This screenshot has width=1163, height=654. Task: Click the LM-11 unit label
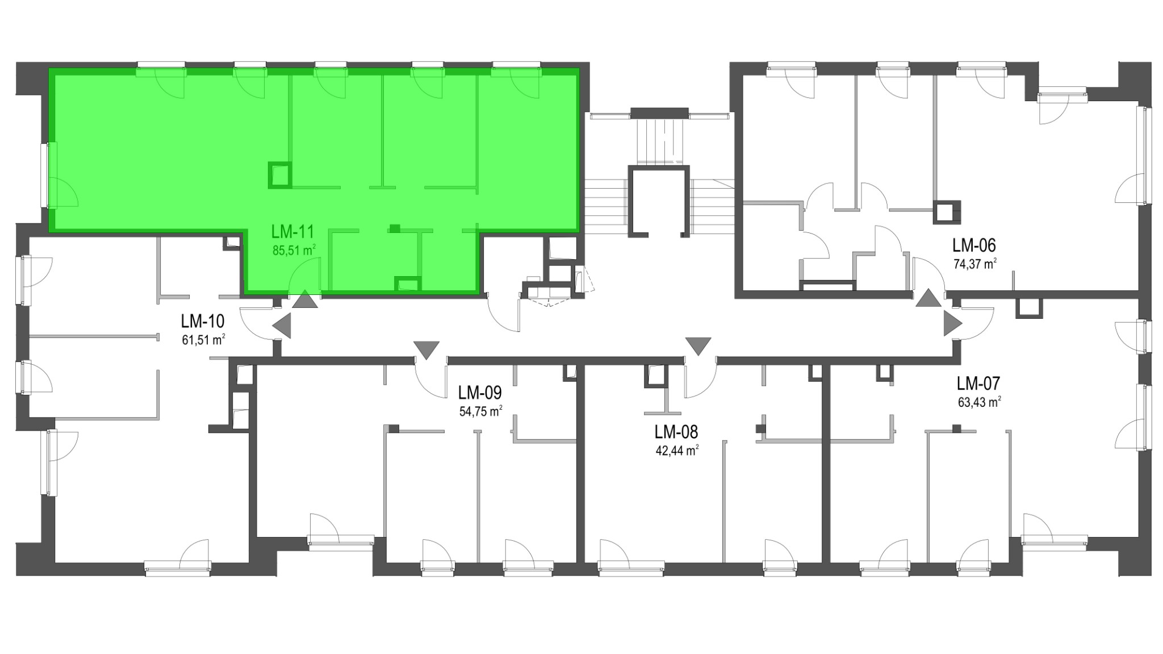(x=292, y=232)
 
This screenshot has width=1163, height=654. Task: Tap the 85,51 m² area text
(x=294, y=251)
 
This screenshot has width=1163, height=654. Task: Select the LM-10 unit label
(x=203, y=321)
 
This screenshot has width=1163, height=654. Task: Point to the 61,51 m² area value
(x=204, y=340)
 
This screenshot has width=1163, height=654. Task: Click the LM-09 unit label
(x=480, y=393)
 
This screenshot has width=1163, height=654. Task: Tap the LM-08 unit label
(x=676, y=432)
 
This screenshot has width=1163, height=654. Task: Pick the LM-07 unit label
(x=978, y=383)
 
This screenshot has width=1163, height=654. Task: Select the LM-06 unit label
(x=974, y=245)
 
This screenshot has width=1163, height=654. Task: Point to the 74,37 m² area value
(x=975, y=264)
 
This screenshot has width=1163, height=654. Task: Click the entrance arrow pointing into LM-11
(x=305, y=300)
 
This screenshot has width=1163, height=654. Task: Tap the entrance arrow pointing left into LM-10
(x=282, y=327)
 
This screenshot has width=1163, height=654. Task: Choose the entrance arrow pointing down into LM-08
(x=698, y=346)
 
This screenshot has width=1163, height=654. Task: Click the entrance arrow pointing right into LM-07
(x=953, y=324)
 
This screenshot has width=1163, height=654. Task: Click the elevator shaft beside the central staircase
(x=659, y=200)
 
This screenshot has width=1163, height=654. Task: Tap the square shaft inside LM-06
(x=947, y=212)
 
